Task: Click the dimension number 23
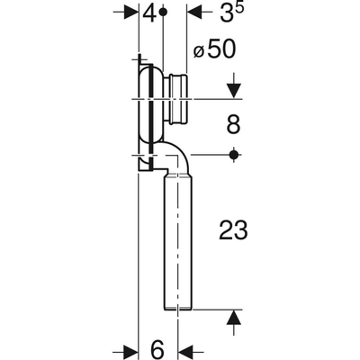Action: (232, 231)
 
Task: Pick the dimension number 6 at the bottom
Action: (157, 346)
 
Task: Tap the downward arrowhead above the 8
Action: (233, 90)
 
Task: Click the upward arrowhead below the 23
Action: (233, 317)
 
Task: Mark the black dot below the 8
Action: (233, 156)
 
